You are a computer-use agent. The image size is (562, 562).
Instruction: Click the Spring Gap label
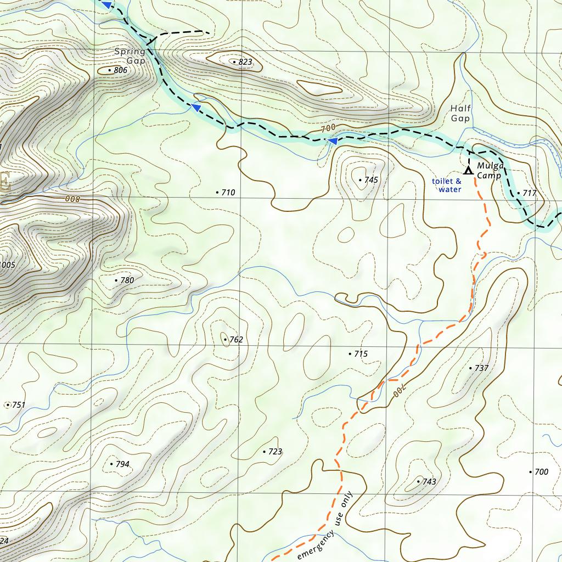(x=130, y=56)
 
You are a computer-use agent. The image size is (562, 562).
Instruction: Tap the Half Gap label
(x=460, y=114)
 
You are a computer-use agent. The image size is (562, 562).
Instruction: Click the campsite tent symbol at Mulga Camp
(x=468, y=170)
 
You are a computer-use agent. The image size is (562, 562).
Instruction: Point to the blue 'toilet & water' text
(x=447, y=186)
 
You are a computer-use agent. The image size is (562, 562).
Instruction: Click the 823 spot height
(x=242, y=62)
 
